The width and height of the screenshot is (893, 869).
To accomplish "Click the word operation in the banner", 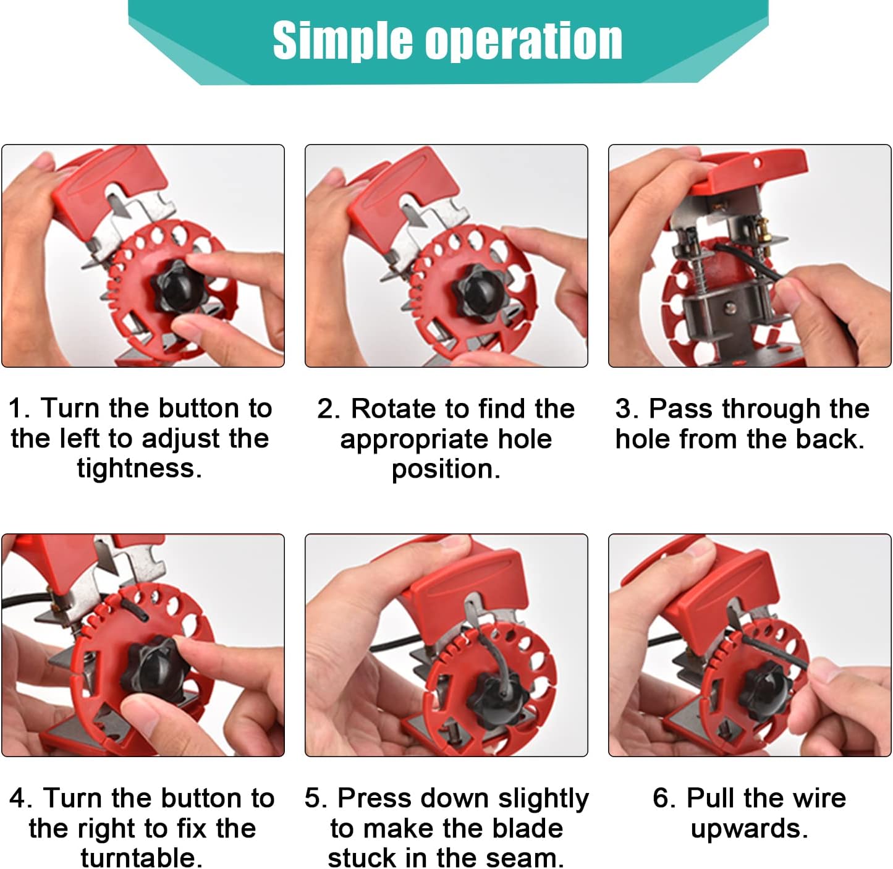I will (x=524, y=41).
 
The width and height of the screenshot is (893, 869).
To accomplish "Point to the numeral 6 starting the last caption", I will (x=661, y=798).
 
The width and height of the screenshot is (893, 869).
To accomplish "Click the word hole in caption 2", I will (x=525, y=439).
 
